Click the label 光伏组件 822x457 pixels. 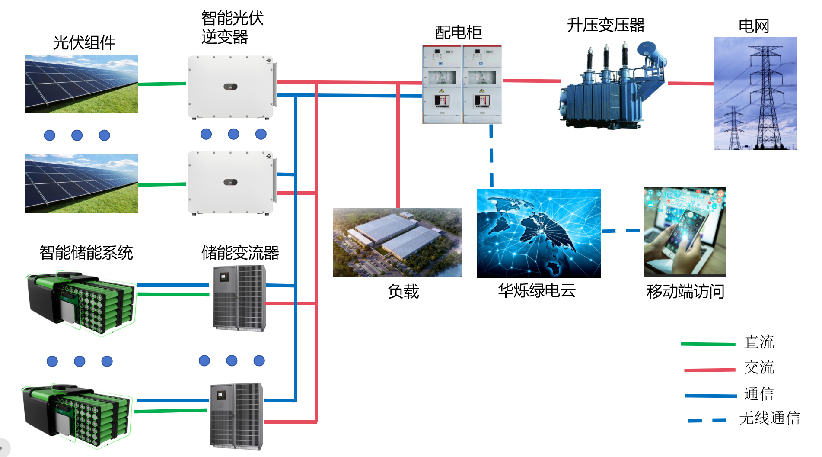coord(84,43)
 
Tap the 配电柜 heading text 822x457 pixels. coord(458,32)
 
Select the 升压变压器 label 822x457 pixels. coord(605,25)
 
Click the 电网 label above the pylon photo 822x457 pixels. coord(754,26)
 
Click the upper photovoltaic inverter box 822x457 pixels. coord(231,87)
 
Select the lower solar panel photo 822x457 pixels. coord(81,184)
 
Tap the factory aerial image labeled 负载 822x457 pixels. coord(397,242)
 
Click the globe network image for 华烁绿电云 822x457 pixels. coord(538,233)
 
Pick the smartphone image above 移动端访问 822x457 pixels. coord(684,232)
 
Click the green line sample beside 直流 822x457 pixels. coord(708,344)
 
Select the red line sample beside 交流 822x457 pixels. coord(709,370)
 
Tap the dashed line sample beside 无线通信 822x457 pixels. coord(707,420)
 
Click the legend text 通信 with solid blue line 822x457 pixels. coord(758,394)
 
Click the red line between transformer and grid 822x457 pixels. coord(690,83)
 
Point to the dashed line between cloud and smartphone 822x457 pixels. coord(621,231)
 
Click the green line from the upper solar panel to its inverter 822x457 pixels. coord(162,84)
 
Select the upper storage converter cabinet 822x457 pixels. coord(239,298)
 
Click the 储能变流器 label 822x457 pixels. coord(240,253)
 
